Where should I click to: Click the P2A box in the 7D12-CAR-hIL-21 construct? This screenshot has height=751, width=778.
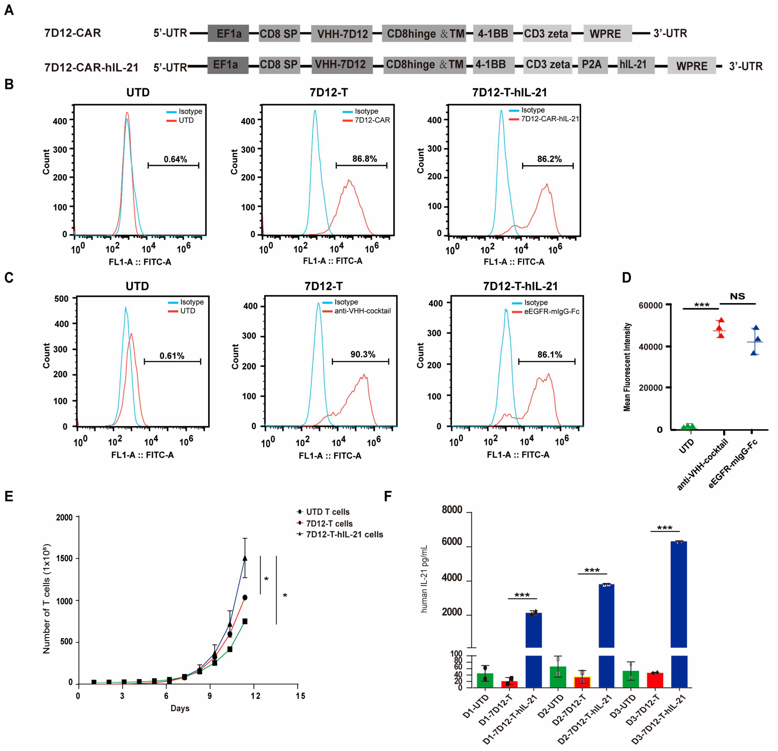tap(592, 65)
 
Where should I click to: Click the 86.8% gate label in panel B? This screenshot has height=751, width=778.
tap(364, 159)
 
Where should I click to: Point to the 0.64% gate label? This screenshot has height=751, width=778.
tap(175, 159)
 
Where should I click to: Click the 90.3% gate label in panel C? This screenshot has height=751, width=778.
tap(362, 354)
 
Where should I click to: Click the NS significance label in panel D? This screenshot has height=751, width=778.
tap(737, 296)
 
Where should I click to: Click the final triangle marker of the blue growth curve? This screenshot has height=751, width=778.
tap(245, 558)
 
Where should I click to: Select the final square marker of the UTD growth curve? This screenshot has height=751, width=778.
tap(245, 621)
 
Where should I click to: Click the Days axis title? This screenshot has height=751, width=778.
tap(180, 708)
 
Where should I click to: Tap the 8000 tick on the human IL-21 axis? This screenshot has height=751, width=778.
tap(452, 509)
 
